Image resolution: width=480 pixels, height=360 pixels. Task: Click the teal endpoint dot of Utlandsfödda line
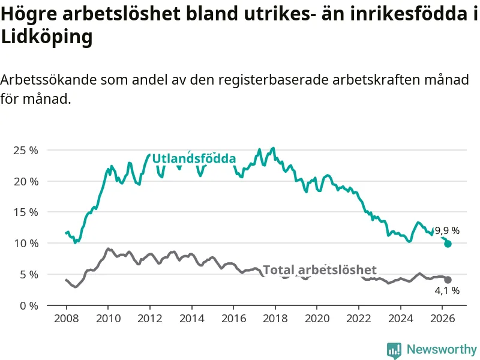pyautogui.click(x=448, y=244)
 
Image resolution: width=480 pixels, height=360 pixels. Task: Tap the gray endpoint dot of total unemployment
pyautogui.click(x=448, y=280)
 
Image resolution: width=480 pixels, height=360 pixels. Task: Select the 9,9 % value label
pyautogui.click(x=447, y=230)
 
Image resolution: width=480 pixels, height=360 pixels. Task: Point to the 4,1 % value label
pyautogui.click(x=447, y=290)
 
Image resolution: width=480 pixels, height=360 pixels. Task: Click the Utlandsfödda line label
pyautogui.click(x=194, y=158)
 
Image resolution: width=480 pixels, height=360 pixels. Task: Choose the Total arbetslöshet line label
pyautogui.click(x=320, y=270)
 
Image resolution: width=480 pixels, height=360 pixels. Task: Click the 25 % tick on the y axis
pyautogui.click(x=26, y=151)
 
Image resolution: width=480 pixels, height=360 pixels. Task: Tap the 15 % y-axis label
pyautogui.click(x=26, y=212)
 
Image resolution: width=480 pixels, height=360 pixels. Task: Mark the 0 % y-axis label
pyautogui.click(x=29, y=305)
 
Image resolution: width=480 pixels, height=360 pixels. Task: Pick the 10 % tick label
pyautogui.click(x=26, y=244)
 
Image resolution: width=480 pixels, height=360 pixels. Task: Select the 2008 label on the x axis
pyautogui.click(x=67, y=319)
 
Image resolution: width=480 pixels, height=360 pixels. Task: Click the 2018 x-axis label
pyautogui.click(x=275, y=319)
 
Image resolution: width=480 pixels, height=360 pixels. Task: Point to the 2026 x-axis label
pyautogui.click(x=443, y=319)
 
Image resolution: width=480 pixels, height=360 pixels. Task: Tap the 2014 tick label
pyautogui.click(x=192, y=319)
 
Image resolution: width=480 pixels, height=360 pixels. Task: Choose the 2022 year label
pyautogui.click(x=359, y=319)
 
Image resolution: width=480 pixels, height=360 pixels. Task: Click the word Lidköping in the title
pyautogui.click(x=47, y=37)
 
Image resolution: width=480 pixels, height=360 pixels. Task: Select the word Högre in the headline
pyautogui.click(x=29, y=14)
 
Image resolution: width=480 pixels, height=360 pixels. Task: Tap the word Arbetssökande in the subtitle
pyautogui.click(x=49, y=80)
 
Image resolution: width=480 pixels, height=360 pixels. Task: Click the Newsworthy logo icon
pyautogui.click(x=394, y=350)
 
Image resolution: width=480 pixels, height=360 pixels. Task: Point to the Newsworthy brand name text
pyautogui.click(x=442, y=349)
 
